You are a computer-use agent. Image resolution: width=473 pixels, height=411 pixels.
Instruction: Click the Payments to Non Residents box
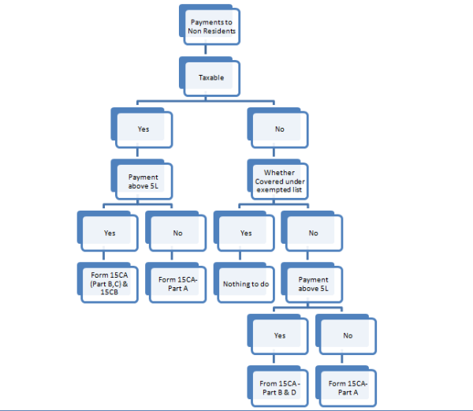[209, 27]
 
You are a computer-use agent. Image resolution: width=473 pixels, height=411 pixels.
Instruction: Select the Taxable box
[209, 77]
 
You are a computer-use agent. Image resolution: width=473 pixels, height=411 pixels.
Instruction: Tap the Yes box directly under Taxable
[142, 127]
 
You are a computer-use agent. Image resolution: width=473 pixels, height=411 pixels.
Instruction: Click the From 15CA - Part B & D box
[278, 387]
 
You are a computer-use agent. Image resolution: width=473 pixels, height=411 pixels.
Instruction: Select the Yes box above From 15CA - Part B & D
[278, 334]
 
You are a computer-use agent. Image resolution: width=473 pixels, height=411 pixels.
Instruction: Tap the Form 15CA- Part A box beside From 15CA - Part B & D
[346, 387]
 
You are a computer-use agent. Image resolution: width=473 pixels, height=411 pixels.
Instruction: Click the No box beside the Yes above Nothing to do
[312, 232]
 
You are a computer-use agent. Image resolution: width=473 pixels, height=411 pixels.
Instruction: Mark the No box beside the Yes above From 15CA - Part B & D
[346, 334]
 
